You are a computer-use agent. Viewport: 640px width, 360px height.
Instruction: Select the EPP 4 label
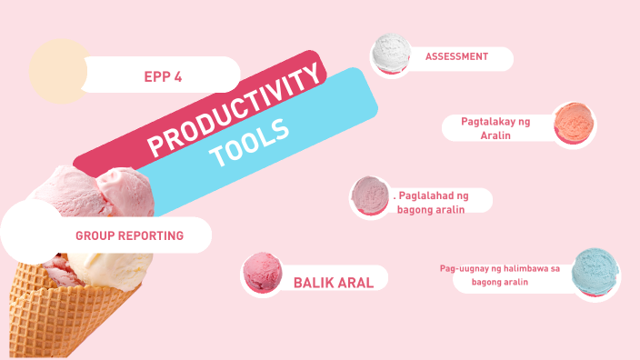[163, 77]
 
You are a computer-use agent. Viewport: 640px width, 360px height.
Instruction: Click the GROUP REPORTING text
[129, 235]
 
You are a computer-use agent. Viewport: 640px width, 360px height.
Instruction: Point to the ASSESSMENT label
[456, 56]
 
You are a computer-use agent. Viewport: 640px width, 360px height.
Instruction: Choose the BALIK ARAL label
[334, 282]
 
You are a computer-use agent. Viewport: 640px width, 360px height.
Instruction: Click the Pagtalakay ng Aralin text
[495, 127]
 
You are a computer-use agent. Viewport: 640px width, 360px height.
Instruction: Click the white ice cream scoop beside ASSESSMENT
[392, 54]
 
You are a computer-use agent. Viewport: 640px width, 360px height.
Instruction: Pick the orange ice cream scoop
[575, 122]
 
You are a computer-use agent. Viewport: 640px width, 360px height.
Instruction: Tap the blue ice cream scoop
[595, 274]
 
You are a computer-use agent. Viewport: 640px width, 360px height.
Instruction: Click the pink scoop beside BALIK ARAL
[265, 274]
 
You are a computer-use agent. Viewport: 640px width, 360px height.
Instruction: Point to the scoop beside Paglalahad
[371, 196]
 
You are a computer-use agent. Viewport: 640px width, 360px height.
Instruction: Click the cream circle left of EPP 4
[58, 72]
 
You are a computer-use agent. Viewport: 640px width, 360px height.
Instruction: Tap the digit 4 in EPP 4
[178, 77]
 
